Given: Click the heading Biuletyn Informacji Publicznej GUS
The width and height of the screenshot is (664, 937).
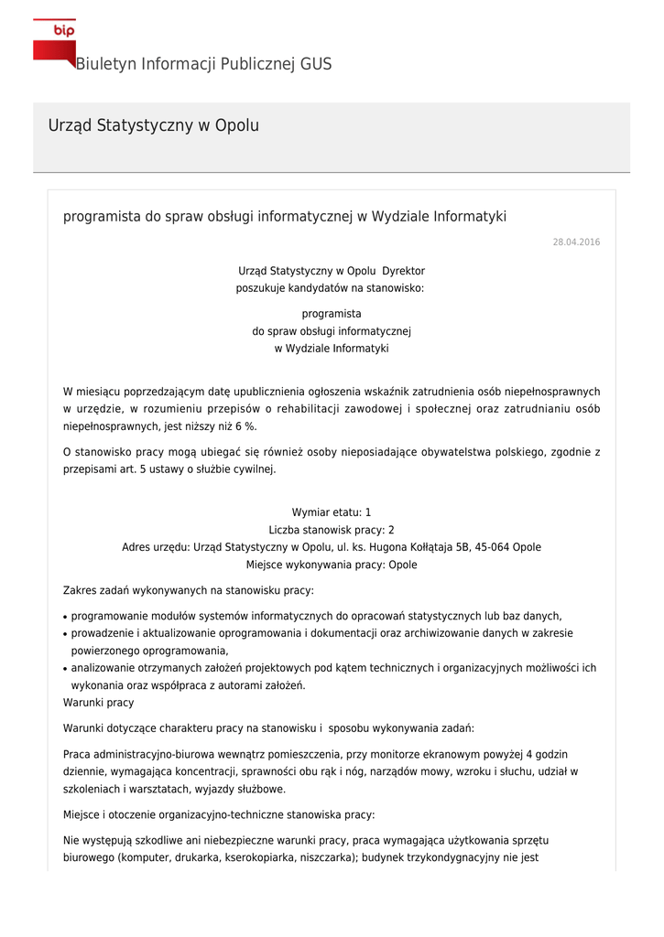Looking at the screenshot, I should click(x=203, y=64).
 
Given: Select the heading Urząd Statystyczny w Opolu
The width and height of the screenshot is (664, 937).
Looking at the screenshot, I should click(x=153, y=125).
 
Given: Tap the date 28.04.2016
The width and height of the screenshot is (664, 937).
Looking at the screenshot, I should click(x=576, y=242).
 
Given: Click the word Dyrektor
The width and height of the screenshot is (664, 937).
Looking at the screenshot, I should click(x=403, y=271).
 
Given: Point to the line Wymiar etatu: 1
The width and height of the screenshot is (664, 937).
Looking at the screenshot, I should click(x=331, y=512).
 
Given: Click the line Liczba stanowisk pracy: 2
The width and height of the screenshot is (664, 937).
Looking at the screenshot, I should click(x=331, y=530).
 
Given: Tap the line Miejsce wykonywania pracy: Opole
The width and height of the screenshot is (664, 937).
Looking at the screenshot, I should click(x=331, y=565).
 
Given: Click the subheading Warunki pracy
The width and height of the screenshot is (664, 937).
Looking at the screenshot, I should click(x=98, y=703).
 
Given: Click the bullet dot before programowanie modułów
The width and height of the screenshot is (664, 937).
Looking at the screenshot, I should click(x=65, y=617).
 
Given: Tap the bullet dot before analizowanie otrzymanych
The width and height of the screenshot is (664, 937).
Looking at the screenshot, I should click(x=65, y=669).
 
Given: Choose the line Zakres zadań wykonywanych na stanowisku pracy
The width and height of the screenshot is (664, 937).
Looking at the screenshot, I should click(x=188, y=590).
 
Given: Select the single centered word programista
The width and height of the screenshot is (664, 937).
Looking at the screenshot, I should click(x=331, y=314).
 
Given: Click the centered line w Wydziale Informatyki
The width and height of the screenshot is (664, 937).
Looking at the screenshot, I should click(x=331, y=349).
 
